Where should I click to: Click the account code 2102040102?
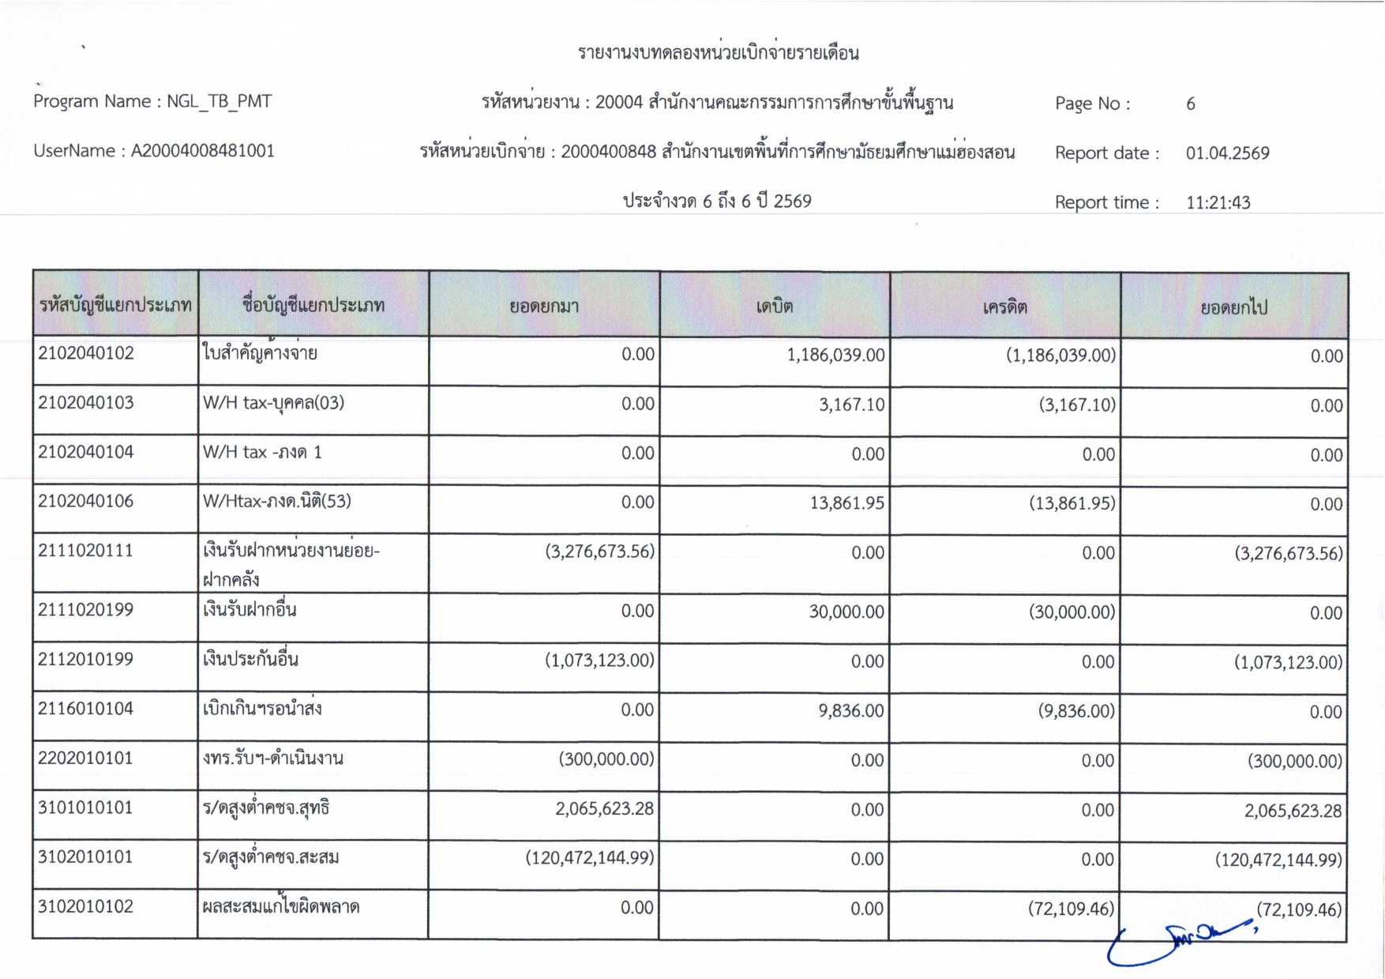click(x=86, y=353)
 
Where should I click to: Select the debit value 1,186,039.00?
click(x=835, y=355)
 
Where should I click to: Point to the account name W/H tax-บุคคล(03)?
click(x=273, y=403)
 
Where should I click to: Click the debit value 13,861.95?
click(x=846, y=503)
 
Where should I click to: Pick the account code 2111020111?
click(x=85, y=551)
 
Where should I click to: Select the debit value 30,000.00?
click(x=846, y=612)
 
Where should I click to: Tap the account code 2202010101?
click(x=85, y=759)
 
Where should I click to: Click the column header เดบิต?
click(x=774, y=307)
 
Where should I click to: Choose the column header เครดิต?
click(x=1004, y=307)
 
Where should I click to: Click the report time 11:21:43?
click(x=1218, y=202)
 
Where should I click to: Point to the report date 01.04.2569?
click(x=1227, y=153)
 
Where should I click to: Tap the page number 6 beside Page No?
click(x=1190, y=104)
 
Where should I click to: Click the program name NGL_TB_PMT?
click(x=219, y=101)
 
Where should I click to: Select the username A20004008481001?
click(x=202, y=151)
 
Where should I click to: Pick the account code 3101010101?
click(x=85, y=808)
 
